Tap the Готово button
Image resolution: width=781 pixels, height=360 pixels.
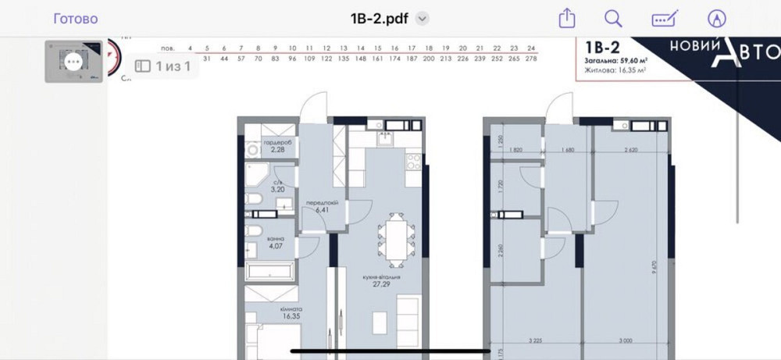click(76, 19)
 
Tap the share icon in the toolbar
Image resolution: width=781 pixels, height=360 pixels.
click(567, 19)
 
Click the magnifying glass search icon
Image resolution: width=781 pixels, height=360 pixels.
click(614, 19)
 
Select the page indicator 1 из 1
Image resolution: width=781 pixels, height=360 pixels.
click(165, 66)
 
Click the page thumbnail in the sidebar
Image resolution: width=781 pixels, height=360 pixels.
click(73, 61)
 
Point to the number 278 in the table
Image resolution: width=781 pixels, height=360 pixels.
click(532, 59)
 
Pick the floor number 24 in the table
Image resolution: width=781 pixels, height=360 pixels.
click(532, 47)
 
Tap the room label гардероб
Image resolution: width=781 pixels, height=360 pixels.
click(278, 142)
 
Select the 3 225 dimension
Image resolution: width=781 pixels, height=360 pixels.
click(535, 341)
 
